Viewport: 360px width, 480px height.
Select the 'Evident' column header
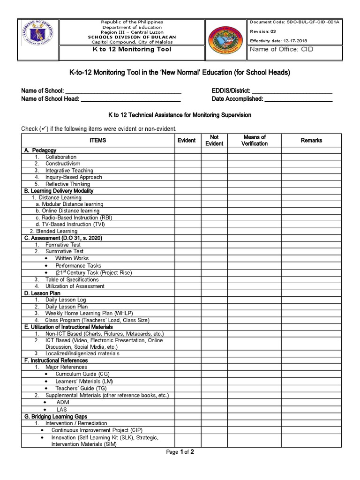tap(187, 140)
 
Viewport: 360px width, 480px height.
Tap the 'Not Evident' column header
tap(214, 140)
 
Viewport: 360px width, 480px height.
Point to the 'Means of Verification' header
tap(255, 140)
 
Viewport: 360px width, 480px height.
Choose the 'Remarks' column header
tap(312, 140)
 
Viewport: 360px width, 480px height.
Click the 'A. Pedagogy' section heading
tap(40, 150)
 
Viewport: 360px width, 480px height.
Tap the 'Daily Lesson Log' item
tap(66, 300)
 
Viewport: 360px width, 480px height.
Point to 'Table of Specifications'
tap(72, 279)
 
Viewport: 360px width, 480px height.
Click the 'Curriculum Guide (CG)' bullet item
tap(82, 374)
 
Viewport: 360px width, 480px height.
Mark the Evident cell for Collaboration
tap(188, 157)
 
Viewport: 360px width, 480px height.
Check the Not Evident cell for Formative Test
tap(214, 245)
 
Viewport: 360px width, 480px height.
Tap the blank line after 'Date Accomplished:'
tap(299, 99)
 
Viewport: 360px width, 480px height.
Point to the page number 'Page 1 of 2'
tap(180, 452)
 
